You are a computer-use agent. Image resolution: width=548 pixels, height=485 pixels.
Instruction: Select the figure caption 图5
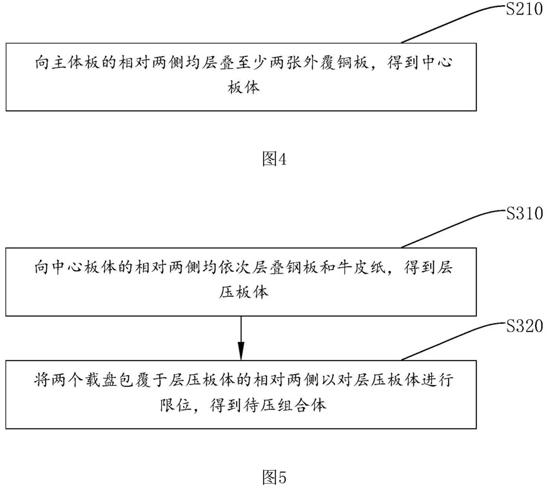point(273,476)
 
